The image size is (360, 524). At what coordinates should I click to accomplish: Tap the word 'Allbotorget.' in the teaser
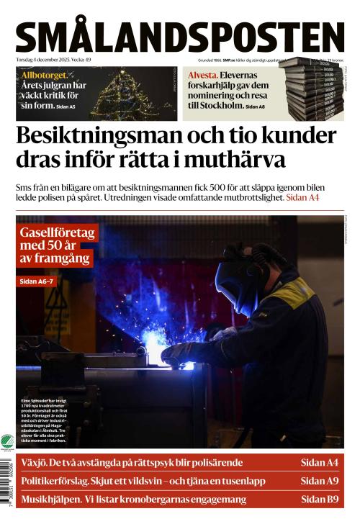(x=45, y=74)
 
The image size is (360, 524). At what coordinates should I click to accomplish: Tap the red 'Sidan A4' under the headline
(x=302, y=197)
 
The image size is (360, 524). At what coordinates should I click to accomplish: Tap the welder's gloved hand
(x=180, y=353)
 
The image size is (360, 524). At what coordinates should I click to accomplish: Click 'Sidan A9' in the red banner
(x=320, y=481)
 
